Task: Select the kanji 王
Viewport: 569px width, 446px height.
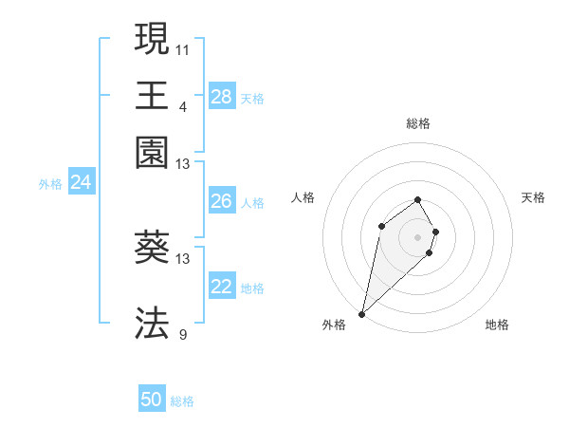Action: (x=152, y=95)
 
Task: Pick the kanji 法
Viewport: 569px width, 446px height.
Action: (x=152, y=323)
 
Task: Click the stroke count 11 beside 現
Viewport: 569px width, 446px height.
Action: (x=183, y=48)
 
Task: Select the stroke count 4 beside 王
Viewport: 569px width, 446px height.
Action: (x=182, y=105)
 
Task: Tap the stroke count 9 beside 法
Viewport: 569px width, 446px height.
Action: (x=182, y=333)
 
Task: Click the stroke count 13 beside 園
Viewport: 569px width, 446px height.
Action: (x=183, y=164)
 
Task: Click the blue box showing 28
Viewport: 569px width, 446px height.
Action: (x=221, y=97)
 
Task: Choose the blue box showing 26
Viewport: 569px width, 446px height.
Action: (x=221, y=201)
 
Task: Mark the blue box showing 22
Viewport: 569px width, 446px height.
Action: (x=221, y=287)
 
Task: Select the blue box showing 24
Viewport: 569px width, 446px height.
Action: (x=81, y=182)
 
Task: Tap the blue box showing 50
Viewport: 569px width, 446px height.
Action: (x=151, y=400)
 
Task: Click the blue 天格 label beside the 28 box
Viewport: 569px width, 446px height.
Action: (x=252, y=98)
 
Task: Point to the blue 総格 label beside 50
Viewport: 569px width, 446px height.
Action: (x=182, y=401)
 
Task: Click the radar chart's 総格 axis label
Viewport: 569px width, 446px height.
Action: (x=418, y=123)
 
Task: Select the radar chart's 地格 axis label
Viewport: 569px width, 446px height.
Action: (x=497, y=325)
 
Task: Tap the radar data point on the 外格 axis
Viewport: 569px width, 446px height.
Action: (x=362, y=313)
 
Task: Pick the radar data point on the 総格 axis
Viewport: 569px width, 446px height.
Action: (x=418, y=199)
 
